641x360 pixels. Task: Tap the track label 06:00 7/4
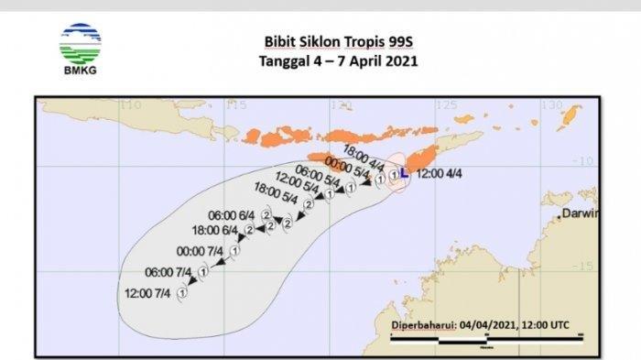pyautogui.click(x=168, y=272)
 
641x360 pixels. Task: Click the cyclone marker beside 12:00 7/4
pyautogui.click(x=182, y=292)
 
